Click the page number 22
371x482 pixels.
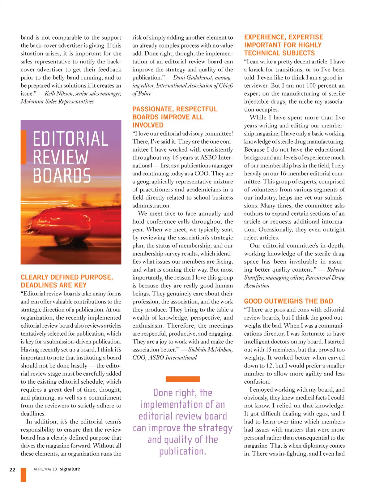[x=12, y=469]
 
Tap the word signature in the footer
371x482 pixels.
[x=70, y=469]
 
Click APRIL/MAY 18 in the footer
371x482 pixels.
[x=45, y=469]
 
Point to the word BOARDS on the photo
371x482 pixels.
[x=62, y=176]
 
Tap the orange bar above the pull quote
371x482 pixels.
[x=182, y=379]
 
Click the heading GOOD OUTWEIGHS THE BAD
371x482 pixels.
[x=288, y=301]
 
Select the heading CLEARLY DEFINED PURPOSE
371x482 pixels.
[x=67, y=277]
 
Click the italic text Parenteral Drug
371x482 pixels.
[x=325, y=278]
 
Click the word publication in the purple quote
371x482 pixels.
[x=182, y=452]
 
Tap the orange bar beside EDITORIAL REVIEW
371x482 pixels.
[x=23, y=147]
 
